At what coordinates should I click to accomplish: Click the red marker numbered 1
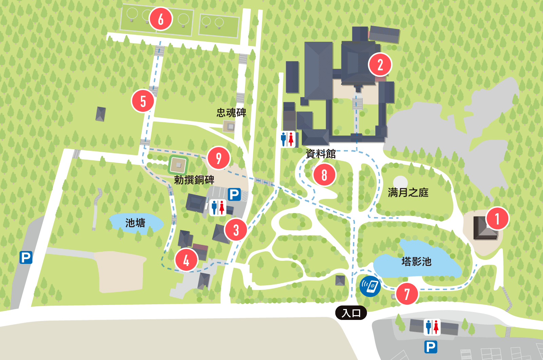tap(497, 219)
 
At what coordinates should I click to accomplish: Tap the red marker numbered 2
tap(380, 65)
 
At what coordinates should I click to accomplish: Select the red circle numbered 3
tap(236, 230)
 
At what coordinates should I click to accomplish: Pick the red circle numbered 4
tap(186, 260)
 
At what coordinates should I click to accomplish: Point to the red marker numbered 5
tap(143, 101)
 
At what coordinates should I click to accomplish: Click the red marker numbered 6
tap(161, 19)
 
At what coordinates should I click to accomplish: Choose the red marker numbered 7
tap(407, 294)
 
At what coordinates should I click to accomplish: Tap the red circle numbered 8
tap(324, 175)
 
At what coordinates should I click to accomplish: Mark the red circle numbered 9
tap(219, 158)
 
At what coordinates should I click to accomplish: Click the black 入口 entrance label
tap(351, 313)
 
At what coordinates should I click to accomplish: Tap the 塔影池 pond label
tap(416, 262)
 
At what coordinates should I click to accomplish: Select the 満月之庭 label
tap(408, 193)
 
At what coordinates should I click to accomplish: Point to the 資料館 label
tap(321, 154)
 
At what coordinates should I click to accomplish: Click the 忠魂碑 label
tap(231, 113)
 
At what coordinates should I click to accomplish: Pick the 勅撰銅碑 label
tap(194, 180)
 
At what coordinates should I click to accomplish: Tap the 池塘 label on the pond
tap(135, 223)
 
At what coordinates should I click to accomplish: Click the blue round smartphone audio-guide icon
tap(370, 286)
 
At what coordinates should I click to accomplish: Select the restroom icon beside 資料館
tap(287, 139)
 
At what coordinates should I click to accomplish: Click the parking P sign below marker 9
tap(234, 195)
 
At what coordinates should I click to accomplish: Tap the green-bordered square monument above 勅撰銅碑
tap(178, 165)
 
